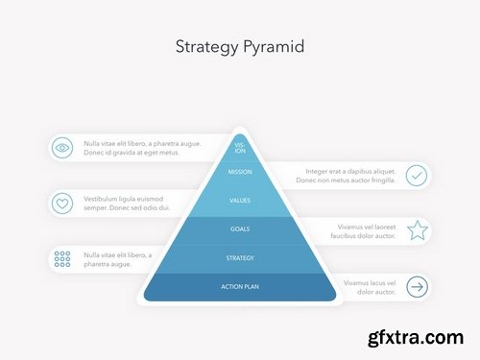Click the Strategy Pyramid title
coord(240,46)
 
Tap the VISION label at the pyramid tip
coord(240,148)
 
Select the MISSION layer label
coord(240,173)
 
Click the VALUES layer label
coord(240,201)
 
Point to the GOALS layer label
coord(240,229)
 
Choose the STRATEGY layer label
coord(240,257)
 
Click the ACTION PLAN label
coord(240,286)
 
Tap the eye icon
coord(62,148)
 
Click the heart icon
coord(62,203)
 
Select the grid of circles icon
coord(62,258)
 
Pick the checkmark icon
coord(417,175)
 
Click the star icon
coord(417,230)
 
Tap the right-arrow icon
coord(417,286)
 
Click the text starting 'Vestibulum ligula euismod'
coord(127,203)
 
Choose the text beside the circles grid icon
coord(117,258)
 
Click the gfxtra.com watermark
coord(413,339)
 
